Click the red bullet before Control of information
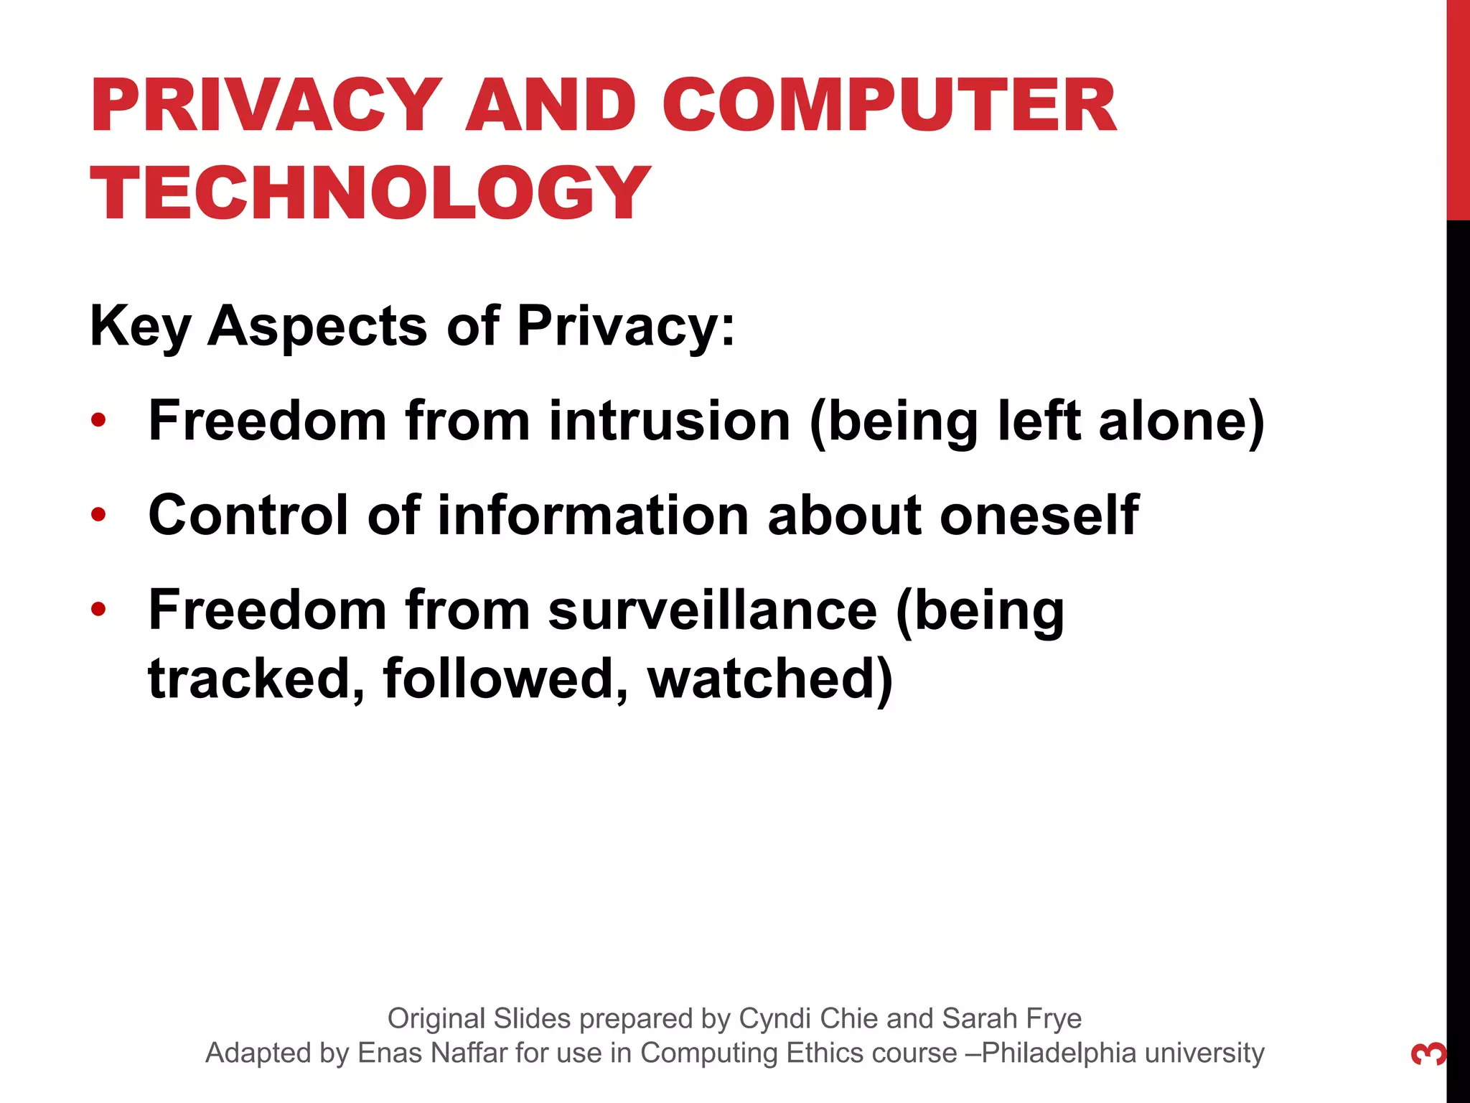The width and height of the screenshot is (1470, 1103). click(99, 514)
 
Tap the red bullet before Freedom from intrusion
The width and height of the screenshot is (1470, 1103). click(99, 419)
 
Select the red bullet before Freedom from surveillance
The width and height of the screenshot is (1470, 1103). click(99, 610)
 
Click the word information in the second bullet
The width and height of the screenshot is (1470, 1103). click(594, 516)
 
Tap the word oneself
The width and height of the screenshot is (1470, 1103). click(1039, 516)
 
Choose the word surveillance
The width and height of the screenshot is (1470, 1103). click(713, 610)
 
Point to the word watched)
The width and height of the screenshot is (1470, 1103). click(770, 679)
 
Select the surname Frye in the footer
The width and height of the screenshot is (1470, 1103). click(1052, 1018)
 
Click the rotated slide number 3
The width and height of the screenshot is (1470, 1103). click(1429, 1053)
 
